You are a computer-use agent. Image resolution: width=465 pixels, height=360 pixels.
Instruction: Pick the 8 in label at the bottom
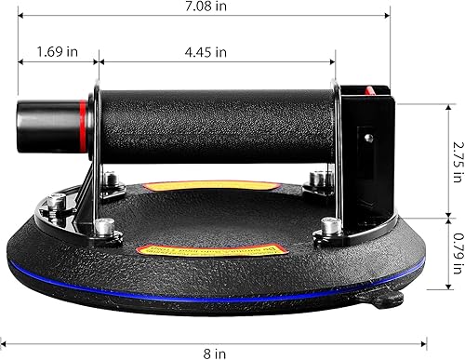pos(214,353)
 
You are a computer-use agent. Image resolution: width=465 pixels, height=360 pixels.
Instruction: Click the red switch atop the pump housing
pos(373,90)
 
